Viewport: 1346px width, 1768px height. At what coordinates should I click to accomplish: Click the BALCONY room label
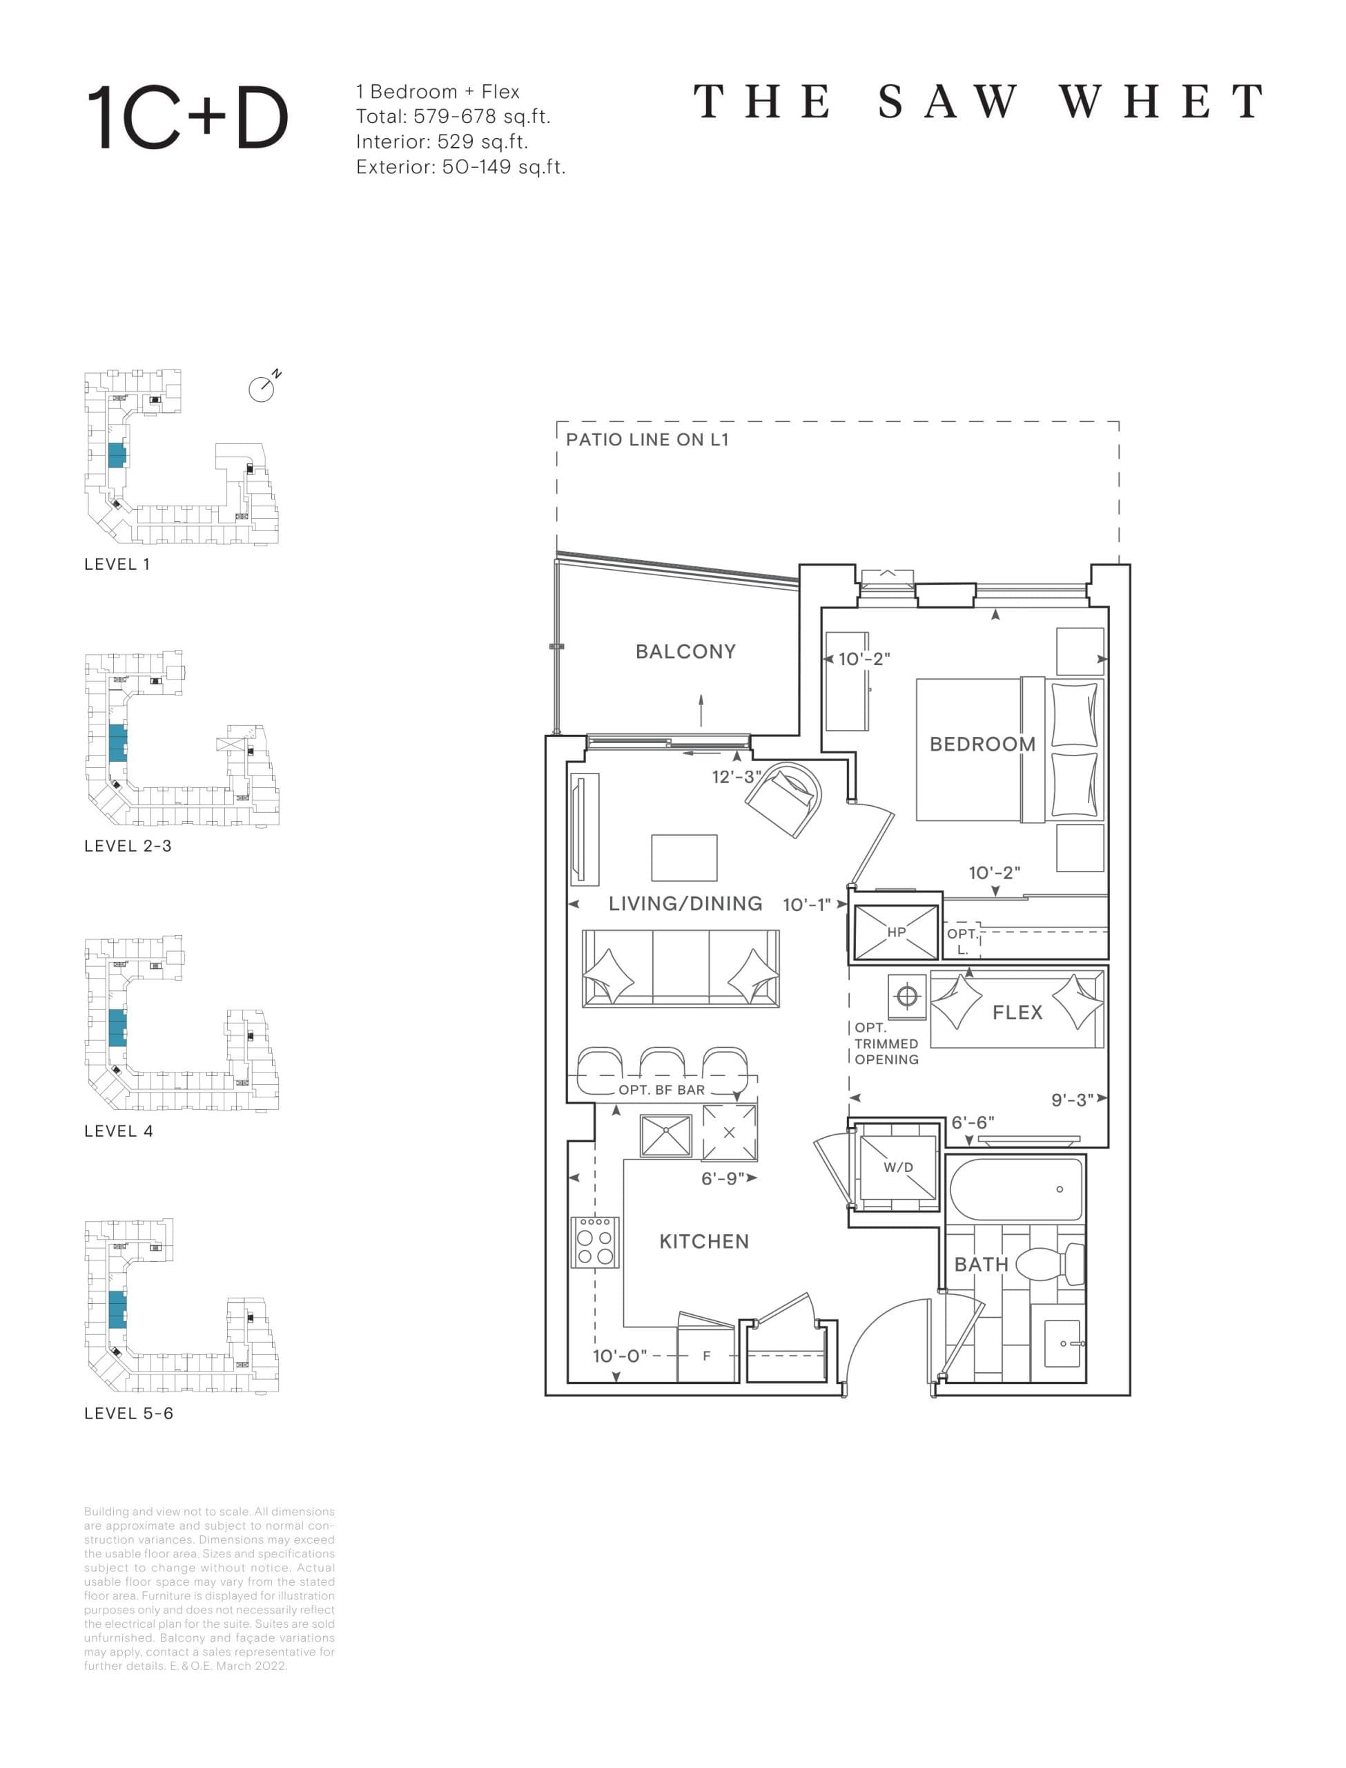point(685,651)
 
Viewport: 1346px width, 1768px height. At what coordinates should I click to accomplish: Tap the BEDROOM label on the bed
point(982,744)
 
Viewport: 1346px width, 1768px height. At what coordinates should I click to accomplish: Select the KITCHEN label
point(703,1242)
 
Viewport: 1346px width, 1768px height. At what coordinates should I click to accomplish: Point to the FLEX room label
point(1017,1012)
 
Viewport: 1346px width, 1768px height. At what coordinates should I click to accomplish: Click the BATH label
point(980,1264)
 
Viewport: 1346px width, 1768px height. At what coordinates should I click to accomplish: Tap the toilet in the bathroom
point(1051,1264)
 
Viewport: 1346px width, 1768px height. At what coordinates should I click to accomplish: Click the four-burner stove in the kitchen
point(594,1242)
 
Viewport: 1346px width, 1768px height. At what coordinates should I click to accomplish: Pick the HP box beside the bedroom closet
point(895,932)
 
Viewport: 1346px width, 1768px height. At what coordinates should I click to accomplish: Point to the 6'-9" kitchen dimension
point(723,1178)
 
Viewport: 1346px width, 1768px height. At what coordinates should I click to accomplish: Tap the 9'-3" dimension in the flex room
point(1072,1099)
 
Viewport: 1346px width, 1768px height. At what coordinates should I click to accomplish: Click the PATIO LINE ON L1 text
point(647,439)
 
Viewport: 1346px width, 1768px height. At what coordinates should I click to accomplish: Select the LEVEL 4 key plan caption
point(119,1131)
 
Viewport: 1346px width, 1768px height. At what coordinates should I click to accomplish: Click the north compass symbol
point(262,389)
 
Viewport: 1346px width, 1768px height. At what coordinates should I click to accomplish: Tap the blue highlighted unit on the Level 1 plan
point(117,455)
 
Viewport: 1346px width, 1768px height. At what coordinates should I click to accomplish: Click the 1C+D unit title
point(186,118)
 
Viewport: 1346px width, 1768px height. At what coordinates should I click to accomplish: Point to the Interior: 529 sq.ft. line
point(442,142)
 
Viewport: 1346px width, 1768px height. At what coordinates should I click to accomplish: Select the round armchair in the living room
point(783,799)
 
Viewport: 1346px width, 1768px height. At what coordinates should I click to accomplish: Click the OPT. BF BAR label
point(661,1090)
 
